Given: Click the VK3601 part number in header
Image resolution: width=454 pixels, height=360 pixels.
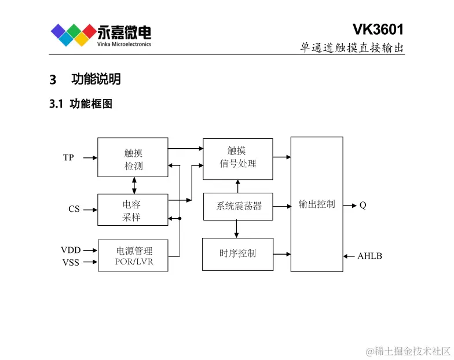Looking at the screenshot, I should click(x=378, y=30).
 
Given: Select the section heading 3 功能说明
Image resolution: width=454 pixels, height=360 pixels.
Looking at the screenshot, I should click(x=85, y=79).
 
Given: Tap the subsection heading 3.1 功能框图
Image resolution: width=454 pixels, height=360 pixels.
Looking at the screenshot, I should click(x=81, y=104).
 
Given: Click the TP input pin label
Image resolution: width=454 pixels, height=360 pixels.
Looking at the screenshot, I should click(x=68, y=157).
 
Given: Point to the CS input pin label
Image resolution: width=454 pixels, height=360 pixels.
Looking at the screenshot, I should click(x=74, y=209).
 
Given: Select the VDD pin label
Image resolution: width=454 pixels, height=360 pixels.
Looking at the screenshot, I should click(x=71, y=251).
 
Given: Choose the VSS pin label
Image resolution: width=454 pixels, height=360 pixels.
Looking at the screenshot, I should click(x=71, y=262).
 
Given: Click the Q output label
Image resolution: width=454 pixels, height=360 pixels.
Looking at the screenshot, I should click(x=363, y=205).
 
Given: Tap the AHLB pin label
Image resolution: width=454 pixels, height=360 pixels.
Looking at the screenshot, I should click(x=369, y=256).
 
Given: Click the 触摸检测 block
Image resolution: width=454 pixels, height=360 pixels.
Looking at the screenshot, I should click(x=133, y=157).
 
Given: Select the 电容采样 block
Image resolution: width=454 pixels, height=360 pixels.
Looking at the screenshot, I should click(x=133, y=210).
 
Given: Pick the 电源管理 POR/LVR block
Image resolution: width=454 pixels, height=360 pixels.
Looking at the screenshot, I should click(x=134, y=256).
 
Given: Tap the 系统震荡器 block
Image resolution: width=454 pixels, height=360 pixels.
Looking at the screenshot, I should click(x=237, y=206).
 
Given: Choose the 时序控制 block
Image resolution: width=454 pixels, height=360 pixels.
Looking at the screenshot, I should click(x=237, y=254).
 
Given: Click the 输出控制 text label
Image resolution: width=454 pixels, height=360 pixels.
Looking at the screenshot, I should click(x=317, y=204).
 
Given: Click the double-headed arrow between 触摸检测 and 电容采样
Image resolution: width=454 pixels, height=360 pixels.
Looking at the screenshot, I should click(x=134, y=185).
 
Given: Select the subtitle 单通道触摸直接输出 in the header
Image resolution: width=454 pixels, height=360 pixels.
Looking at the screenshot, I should click(x=352, y=48).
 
